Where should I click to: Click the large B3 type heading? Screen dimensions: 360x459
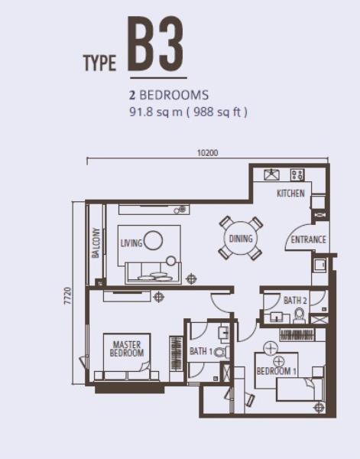click(156, 44)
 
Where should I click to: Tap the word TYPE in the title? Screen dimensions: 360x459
click(99, 63)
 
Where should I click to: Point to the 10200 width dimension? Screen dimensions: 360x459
click(208, 153)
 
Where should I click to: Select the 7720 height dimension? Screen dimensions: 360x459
click(67, 296)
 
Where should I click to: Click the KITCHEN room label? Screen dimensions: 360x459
click(290, 194)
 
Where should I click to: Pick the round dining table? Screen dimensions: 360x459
click(241, 238)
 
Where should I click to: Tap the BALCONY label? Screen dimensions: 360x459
click(96, 243)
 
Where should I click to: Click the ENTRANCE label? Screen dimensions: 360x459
click(308, 239)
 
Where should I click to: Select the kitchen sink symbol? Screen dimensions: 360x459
click(271, 174)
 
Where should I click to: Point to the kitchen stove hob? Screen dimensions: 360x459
click(297, 175)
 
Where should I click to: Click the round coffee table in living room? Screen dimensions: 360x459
click(153, 240)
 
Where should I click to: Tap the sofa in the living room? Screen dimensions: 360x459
click(153, 273)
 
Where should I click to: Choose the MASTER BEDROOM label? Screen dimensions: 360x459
click(127, 349)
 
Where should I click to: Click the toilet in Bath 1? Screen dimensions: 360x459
click(222, 352)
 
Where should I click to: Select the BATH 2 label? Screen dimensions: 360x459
click(295, 301)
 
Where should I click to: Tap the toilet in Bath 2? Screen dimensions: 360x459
click(299, 316)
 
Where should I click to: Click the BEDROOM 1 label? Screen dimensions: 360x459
click(277, 371)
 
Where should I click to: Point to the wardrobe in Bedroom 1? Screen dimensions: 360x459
click(297, 335)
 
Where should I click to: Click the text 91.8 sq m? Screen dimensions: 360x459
click(156, 112)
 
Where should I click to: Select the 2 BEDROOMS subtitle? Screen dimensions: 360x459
click(169, 95)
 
